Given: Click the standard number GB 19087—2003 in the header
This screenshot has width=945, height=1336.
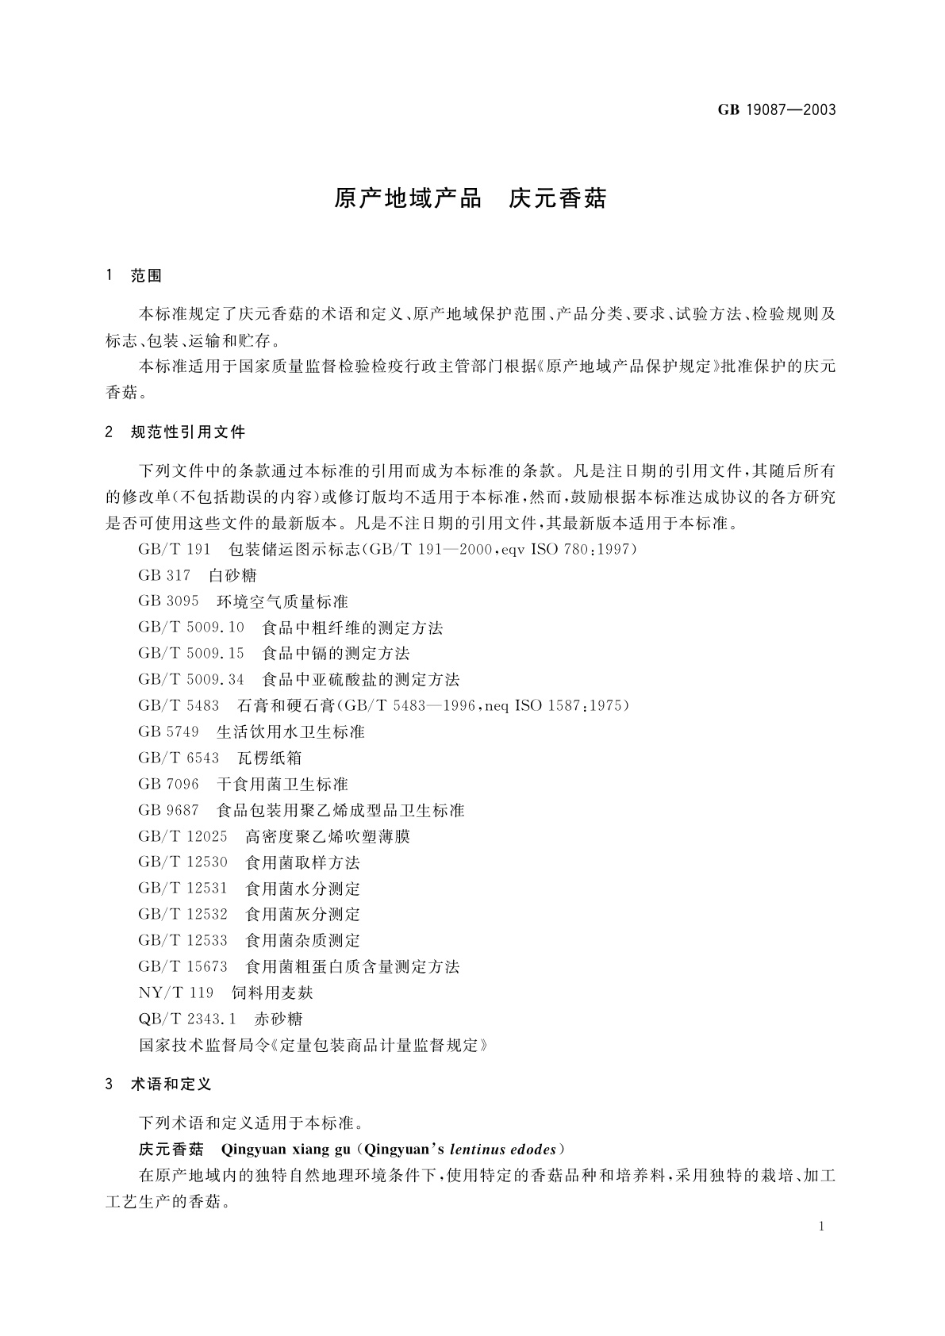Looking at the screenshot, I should (777, 109).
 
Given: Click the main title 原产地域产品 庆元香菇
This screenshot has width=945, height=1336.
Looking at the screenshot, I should (470, 198).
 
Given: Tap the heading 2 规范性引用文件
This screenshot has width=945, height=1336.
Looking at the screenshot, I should (175, 432).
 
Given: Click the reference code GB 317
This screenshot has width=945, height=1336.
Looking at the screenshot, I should (164, 575).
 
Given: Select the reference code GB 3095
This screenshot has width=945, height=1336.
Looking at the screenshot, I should (168, 601).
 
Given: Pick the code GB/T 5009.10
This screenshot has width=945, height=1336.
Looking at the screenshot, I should (191, 628).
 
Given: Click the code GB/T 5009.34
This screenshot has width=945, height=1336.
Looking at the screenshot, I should (191, 679).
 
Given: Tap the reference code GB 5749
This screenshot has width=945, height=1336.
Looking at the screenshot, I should (168, 731).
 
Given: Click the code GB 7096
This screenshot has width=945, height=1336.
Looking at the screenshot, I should (168, 784).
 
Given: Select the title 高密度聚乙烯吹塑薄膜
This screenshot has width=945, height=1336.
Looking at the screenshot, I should (328, 836).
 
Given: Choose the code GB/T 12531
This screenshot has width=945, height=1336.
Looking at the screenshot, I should (182, 889).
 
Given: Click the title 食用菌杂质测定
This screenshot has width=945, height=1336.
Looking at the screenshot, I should (302, 940).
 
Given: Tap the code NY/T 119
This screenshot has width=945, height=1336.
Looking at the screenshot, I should (175, 992).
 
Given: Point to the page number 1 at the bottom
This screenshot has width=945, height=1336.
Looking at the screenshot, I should (821, 1227).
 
